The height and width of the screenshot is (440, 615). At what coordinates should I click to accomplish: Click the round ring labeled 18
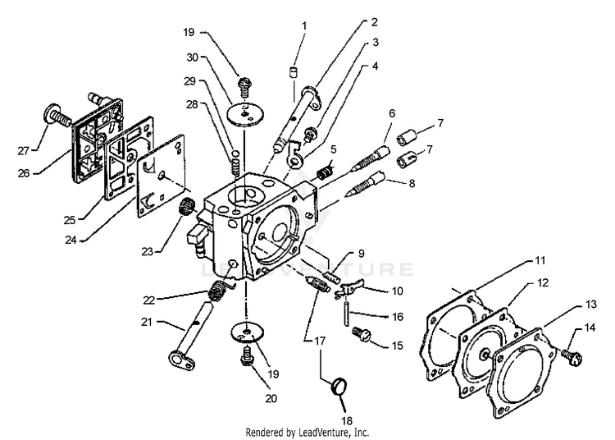click(337, 384)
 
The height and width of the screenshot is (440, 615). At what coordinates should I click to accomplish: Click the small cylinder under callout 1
click(291, 72)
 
